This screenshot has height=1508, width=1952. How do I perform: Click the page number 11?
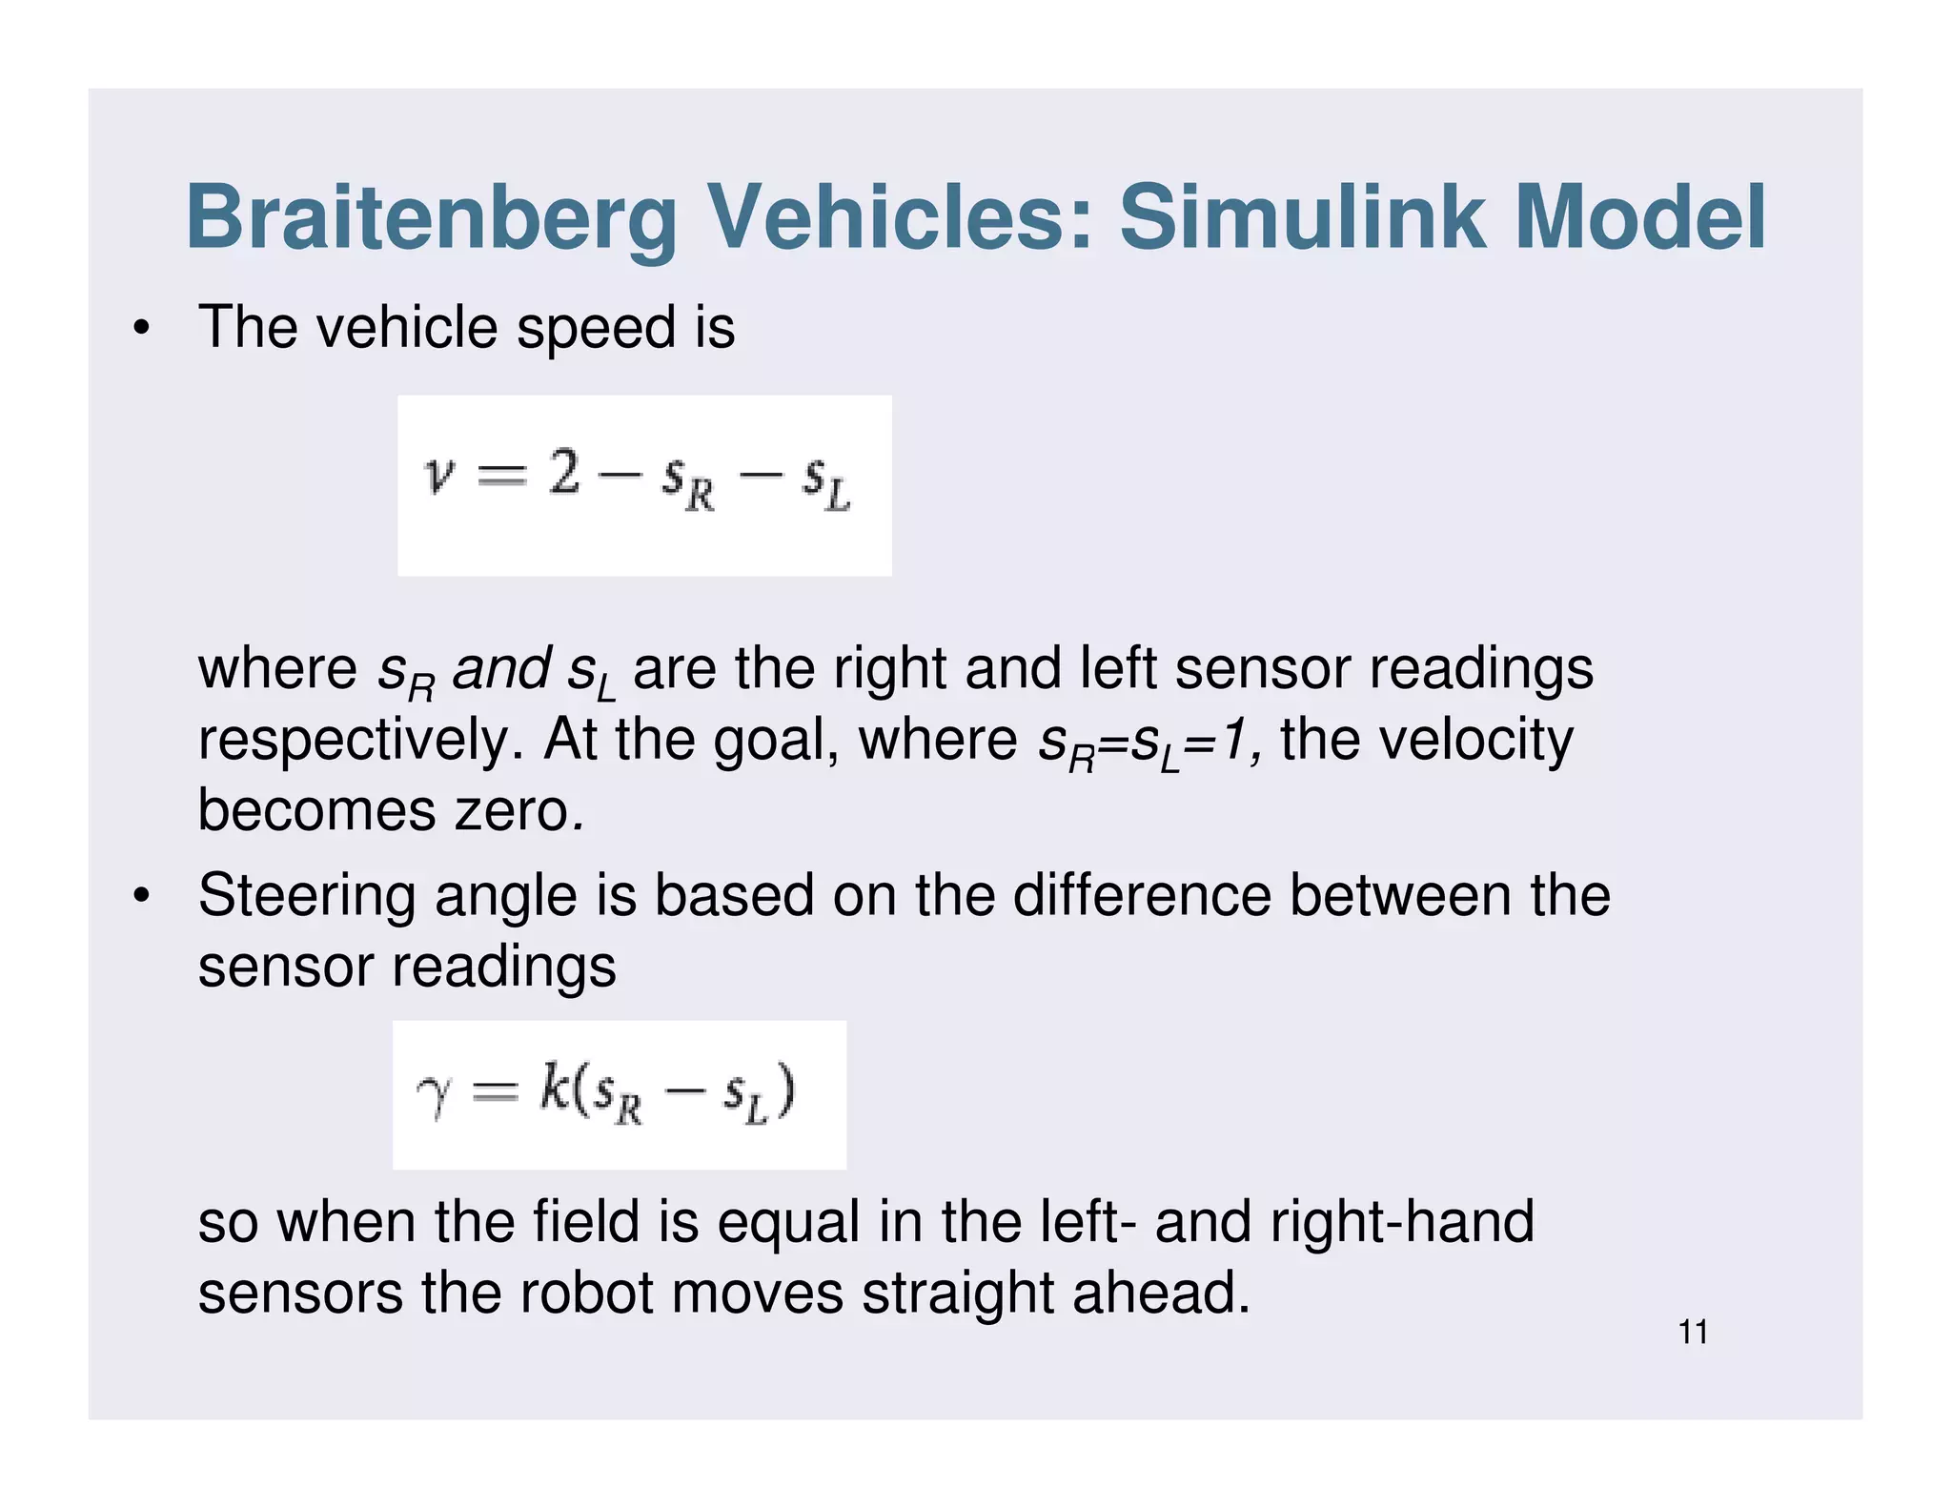(1693, 1332)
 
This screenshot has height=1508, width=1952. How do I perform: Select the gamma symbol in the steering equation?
(434, 1096)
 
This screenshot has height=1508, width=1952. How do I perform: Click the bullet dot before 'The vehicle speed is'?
(142, 329)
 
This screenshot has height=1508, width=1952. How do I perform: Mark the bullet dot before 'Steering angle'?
(142, 896)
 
